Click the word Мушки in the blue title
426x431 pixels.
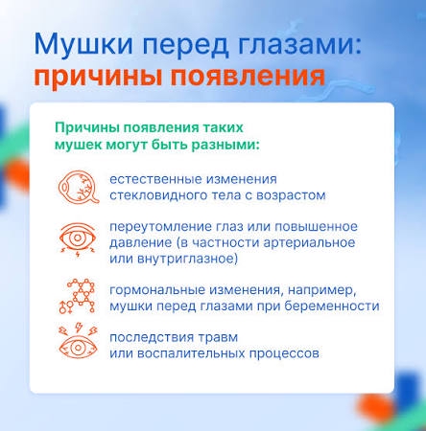(x=83, y=44)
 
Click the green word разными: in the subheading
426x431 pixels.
(x=225, y=146)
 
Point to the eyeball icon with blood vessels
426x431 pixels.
(x=78, y=187)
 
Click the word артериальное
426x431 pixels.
(x=309, y=242)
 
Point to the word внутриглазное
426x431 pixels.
(x=187, y=259)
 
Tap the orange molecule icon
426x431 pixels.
(x=82, y=293)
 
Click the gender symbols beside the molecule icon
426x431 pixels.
(x=65, y=306)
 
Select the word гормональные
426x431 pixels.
(x=156, y=290)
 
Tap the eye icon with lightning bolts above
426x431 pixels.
(x=78, y=341)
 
